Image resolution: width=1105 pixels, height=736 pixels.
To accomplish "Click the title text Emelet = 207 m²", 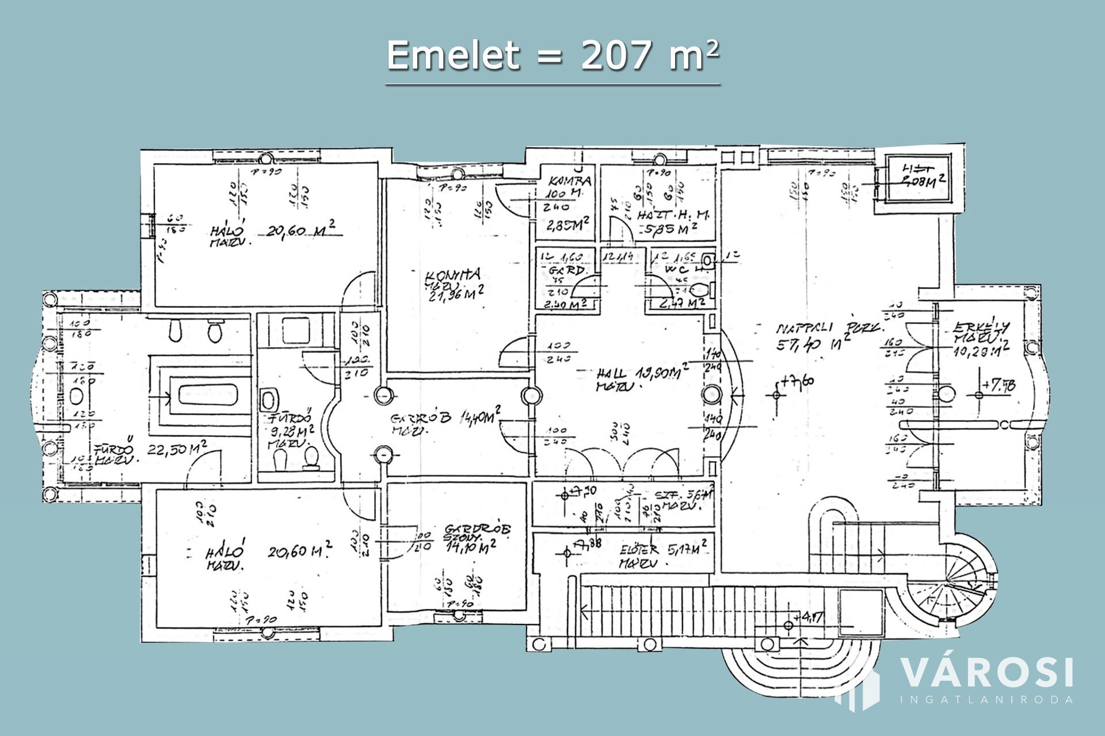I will [552, 56].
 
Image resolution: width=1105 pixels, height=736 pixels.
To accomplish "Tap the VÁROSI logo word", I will [986, 673].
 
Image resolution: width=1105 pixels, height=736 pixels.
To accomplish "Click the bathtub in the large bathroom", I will [208, 396].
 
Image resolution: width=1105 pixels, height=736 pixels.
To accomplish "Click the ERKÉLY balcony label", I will [981, 328].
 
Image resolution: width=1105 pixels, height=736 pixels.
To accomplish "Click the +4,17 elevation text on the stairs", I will [811, 618].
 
